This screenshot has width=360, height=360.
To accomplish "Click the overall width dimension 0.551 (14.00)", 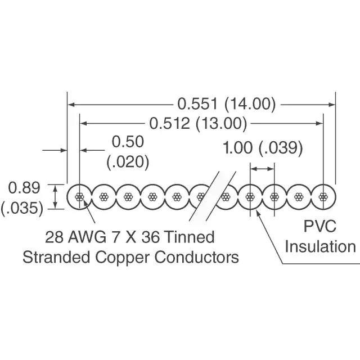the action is [227, 103].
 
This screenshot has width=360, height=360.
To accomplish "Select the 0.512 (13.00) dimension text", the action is [199, 123].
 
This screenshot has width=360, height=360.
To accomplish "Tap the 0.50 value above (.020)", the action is [128, 142].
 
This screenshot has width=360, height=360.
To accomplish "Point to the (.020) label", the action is [128, 161].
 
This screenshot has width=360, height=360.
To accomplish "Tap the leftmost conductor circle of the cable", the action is [79, 197].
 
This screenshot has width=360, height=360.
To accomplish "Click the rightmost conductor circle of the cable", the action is [323, 197].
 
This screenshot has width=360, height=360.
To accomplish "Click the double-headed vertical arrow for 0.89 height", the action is [55, 197].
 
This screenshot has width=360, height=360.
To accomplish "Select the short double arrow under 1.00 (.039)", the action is [263, 168].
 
